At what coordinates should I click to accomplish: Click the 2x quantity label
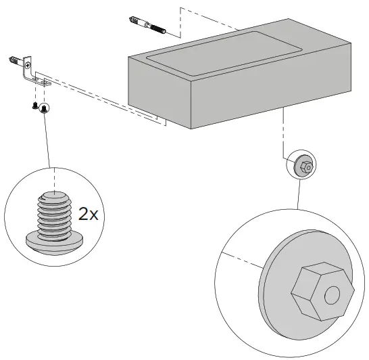click(x=88, y=214)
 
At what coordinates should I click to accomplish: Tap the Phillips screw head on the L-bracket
click(x=28, y=65)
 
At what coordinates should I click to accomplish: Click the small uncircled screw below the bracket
click(x=34, y=106)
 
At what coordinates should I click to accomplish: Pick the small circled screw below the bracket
click(x=43, y=109)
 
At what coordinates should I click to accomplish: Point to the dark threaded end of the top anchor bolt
click(x=158, y=28)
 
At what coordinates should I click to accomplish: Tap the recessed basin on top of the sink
click(x=224, y=53)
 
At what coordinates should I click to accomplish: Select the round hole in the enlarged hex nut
click(x=332, y=295)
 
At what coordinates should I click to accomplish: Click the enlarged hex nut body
click(x=322, y=291)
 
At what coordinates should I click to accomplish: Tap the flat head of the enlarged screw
click(x=54, y=244)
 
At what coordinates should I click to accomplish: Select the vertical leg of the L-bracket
click(x=27, y=67)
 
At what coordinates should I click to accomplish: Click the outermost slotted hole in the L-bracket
click(x=46, y=83)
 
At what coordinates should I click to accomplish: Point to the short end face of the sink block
click(x=159, y=91)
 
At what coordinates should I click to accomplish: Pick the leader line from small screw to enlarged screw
click(x=47, y=140)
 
